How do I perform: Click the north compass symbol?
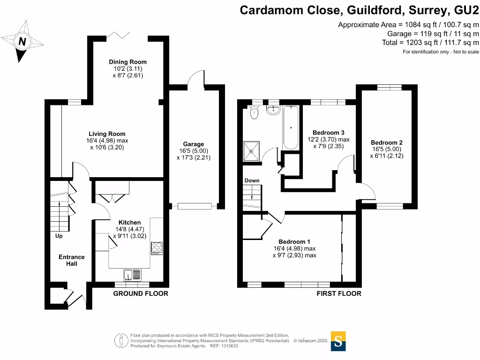click(21, 42)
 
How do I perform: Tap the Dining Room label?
click(127, 62)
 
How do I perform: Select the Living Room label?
click(107, 134)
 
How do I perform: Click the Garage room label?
click(194, 144)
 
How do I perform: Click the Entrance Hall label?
click(72, 260)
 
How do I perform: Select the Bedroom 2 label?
click(387, 143)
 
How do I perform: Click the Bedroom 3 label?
click(329, 133)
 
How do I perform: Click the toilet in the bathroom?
click(255, 112)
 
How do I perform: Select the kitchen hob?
click(157, 247)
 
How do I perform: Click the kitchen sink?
click(132, 274)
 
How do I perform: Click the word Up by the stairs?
click(59, 236)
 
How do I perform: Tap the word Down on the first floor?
click(252, 180)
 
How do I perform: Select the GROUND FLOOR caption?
click(141, 293)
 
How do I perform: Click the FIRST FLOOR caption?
click(339, 293)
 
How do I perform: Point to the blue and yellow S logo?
click(338, 341)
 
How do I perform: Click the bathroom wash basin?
click(273, 110)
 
